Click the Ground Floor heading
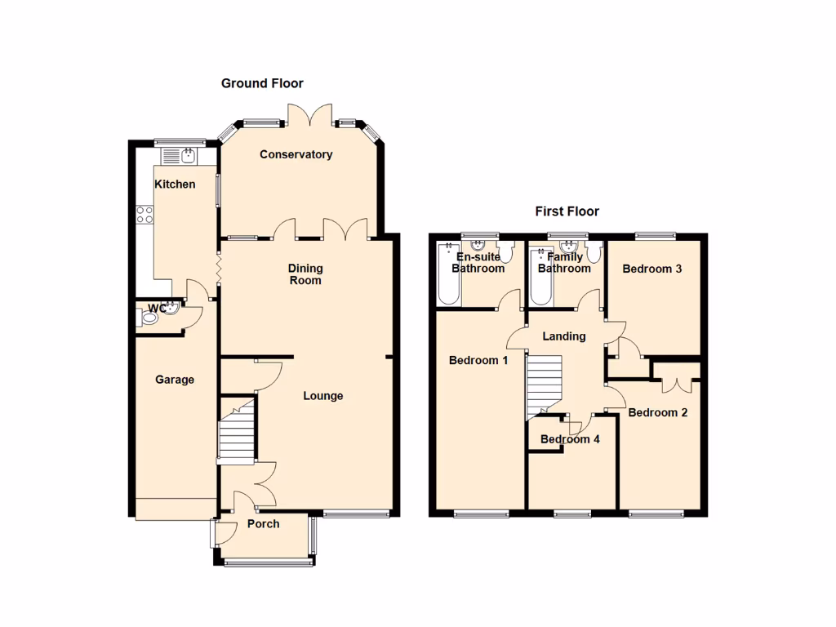click(262, 83)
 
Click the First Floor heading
click(567, 211)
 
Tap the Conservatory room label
click(296, 154)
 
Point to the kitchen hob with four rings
click(145, 215)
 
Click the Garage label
click(175, 380)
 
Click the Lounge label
click(322, 396)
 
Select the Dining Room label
click(305, 274)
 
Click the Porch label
click(263, 523)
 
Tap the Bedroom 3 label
click(651, 269)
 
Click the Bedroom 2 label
click(657, 412)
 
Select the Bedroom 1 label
click(478, 360)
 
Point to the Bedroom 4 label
click(570, 439)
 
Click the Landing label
click(564, 336)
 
